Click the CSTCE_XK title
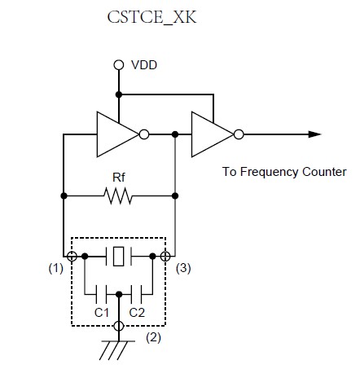[x=151, y=18]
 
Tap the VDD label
[x=144, y=65]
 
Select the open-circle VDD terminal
[x=119, y=65]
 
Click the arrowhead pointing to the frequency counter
[x=314, y=134]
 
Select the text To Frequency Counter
[x=284, y=172]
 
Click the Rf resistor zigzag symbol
[x=118, y=195]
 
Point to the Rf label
[x=119, y=178]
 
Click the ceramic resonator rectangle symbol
[x=119, y=256]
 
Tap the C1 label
[x=101, y=313]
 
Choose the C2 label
[x=137, y=313]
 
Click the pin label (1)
[x=56, y=269]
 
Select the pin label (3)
[x=183, y=269]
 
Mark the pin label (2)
[x=153, y=338]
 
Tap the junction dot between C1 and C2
[x=119, y=294]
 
